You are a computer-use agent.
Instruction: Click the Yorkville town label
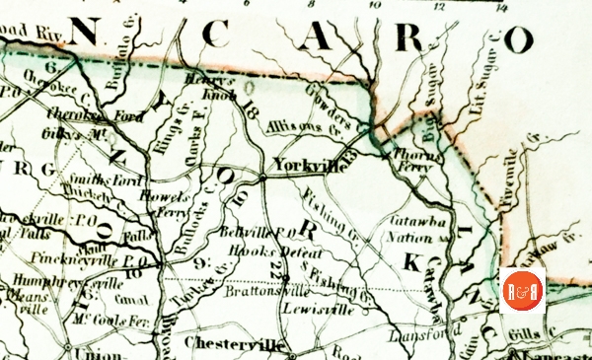click(x=309, y=167)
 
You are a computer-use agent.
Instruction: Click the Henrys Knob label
click(x=215, y=86)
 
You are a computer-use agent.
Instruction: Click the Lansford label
click(x=426, y=334)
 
